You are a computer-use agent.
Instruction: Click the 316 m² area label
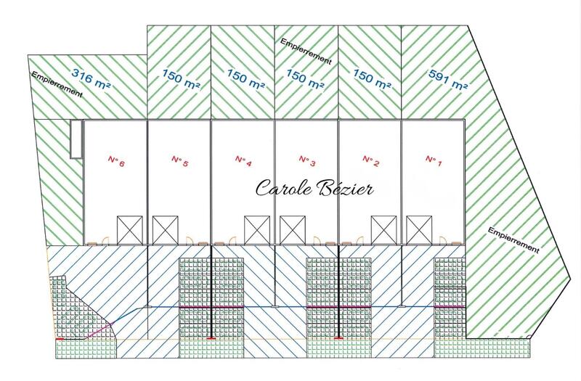coord(92,78)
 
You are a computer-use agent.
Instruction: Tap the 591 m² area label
coord(447,80)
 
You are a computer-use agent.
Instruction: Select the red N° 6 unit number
coord(116,161)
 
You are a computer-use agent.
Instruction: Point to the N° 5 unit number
coord(179,161)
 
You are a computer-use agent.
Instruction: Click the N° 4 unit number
coord(243,161)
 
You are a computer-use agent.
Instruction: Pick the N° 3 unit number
coord(306,161)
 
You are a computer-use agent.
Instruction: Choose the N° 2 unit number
coord(370,161)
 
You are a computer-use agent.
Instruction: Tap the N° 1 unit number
coord(434,161)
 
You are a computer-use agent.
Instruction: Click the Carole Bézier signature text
coord(314,188)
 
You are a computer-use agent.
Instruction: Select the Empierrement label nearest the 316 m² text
coord(57,84)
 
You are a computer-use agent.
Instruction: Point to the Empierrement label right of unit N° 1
coord(513,240)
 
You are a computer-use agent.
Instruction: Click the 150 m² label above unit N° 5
coord(181,79)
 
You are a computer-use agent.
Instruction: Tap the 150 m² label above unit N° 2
coord(372,79)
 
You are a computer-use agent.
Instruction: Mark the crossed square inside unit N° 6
coord(130,230)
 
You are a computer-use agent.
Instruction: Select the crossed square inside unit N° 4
coord(257,230)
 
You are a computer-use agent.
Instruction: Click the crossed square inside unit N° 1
coord(419,230)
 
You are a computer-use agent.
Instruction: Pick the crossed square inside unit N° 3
coord(293,230)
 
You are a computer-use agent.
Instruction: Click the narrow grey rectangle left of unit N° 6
coord(76,139)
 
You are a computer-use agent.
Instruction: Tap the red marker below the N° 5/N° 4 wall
coord(211,338)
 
